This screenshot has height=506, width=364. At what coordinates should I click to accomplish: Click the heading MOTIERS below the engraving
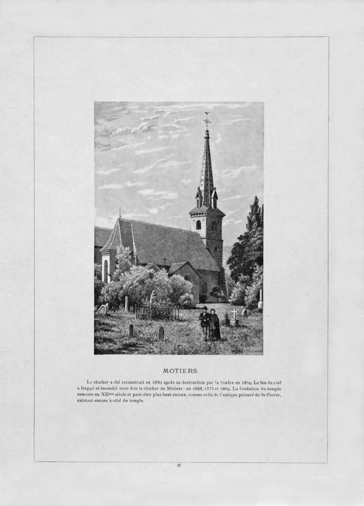pos(180,371)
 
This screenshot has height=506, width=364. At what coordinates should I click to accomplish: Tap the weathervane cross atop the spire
pos(207,119)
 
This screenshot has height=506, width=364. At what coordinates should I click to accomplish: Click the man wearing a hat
pos(204,323)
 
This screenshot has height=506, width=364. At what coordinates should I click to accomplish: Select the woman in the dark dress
pos(214,324)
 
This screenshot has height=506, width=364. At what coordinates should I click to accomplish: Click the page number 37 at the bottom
pos(179,466)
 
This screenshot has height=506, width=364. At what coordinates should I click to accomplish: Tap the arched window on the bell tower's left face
pos(198,224)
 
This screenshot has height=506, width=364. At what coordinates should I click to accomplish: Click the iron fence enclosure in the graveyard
pos(156,312)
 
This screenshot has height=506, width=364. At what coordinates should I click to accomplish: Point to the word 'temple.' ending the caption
pos(136,401)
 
